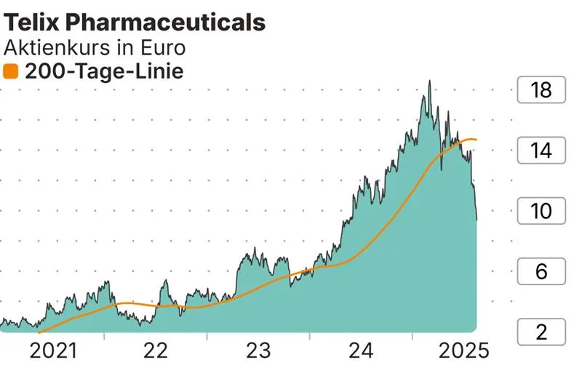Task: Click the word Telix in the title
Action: (x=29, y=23)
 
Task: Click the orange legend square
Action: (x=11, y=71)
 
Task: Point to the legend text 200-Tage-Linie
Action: (x=103, y=71)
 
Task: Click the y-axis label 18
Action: (x=542, y=91)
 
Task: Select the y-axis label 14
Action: (x=542, y=151)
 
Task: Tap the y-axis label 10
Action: (x=542, y=212)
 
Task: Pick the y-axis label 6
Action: (x=542, y=272)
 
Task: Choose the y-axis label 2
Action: (x=542, y=332)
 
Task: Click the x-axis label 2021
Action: (x=53, y=351)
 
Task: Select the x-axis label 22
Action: (x=156, y=351)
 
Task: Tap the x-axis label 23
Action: (x=258, y=351)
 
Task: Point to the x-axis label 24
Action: (x=361, y=351)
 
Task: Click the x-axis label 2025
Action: (x=463, y=351)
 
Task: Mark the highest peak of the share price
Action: (x=429, y=81)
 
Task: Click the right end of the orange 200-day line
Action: (x=477, y=140)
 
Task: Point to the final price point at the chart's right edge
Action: (x=477, y=219)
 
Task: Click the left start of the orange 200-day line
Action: (x=38, y=332)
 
